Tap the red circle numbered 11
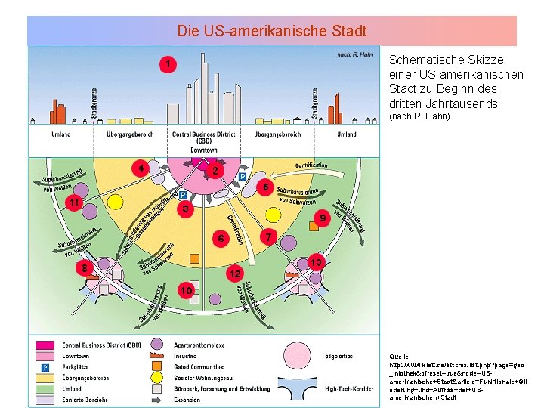[74, 203]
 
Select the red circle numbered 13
[317, 263]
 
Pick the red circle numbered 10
[186, 290]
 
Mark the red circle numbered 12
[235, 272]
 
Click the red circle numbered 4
[138, 168]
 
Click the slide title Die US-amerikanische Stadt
[272, 32]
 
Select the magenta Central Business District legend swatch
[44, 345]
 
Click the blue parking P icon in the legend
[45, 366]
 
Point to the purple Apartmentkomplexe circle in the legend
[158, 345]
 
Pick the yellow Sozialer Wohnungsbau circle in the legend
[158, 377]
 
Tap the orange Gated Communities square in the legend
[158, 366]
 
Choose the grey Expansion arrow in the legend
[158, 399]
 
